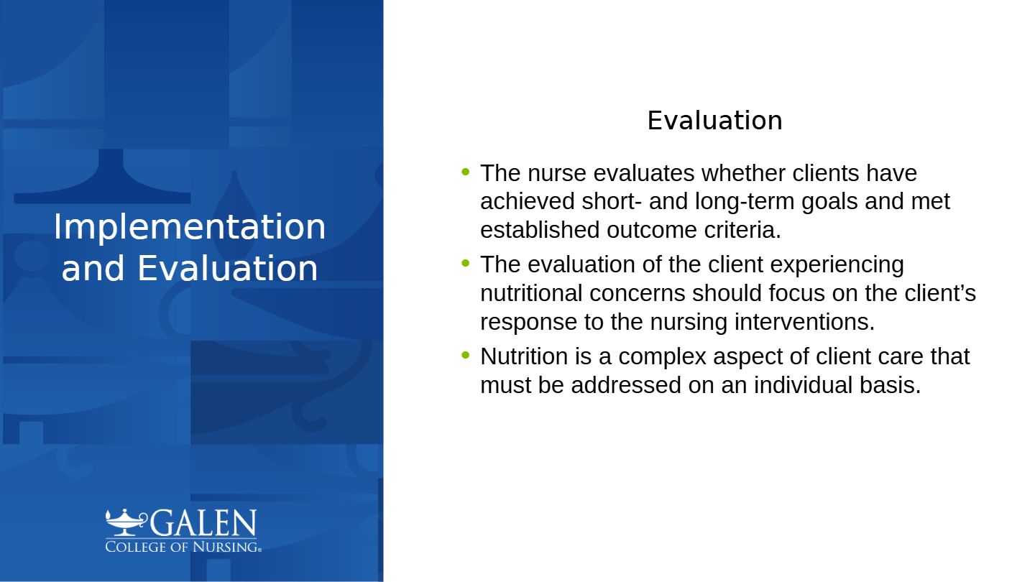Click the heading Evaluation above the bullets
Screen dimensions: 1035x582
[x=714, y=121]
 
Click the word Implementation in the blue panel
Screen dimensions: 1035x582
[x=190, y=227]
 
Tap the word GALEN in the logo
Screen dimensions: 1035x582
[x=203, y=522]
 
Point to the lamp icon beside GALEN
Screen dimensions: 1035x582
[x=126, y=522]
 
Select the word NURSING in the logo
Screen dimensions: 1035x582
[x=226, y=547]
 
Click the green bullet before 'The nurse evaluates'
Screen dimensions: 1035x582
[x=465, y=172]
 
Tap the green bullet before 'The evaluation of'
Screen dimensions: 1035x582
[x=465, y=263]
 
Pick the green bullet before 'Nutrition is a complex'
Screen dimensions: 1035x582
[x=465, y=355]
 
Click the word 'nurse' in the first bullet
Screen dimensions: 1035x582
[x=557, y=173]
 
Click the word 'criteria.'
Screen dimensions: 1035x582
[x=742, y=230]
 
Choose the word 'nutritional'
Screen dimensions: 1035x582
[x=531, y=293]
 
